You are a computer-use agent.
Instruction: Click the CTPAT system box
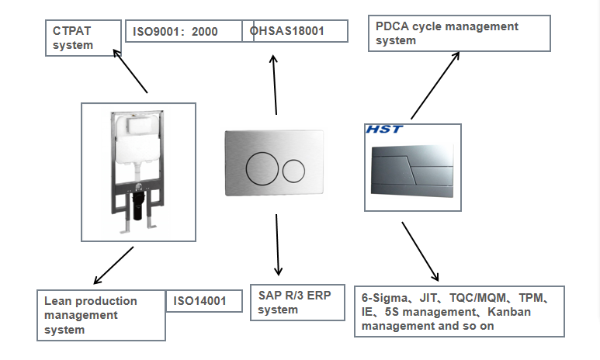coord(82,37)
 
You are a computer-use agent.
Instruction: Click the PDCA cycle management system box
coord(460,33)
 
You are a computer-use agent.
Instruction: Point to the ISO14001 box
coord(199,301)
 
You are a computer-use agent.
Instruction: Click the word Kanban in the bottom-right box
coord(494,312)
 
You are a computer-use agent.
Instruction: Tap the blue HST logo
coord(385,129)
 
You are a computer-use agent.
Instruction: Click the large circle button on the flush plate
coord(262,168)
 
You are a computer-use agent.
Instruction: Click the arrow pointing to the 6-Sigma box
coord(421,252)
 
